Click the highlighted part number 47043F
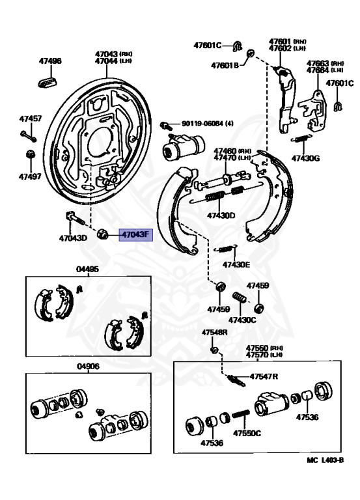click(x=134, y=235)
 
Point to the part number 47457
click(x=30, y=119)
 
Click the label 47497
click(x=30, y=176)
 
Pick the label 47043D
click(x=72, y=238)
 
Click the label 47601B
click(x=225, y=65)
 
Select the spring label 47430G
click(x=306, y=158)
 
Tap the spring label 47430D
click(x=221, y=215)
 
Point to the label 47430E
click(x=236, y=265)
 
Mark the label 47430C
click(x=242, y=320)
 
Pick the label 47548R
click(x=214, y=333)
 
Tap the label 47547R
click(x=264, y=376)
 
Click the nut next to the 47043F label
click(x=103, y=234)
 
